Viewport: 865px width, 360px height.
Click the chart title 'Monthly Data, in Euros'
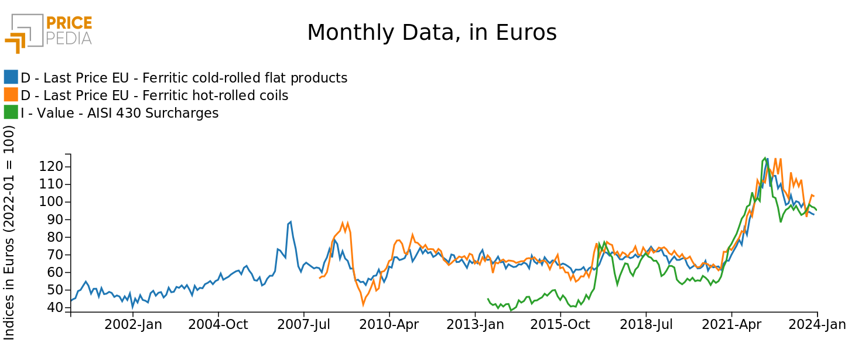(x=432, y=33)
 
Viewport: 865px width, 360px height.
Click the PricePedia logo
(x=49, y=32)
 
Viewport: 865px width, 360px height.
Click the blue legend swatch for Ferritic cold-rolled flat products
(x=11, y=77)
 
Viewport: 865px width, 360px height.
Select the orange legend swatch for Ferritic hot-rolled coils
(x=11, y=95)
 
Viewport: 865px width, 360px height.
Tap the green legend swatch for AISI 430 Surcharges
(x=11, y=112)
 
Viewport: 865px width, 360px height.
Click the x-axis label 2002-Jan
(x=133, y=325)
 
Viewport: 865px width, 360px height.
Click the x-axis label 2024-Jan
(x=817, y=325)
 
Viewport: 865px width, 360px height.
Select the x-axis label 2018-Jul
(x=646, y=325)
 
